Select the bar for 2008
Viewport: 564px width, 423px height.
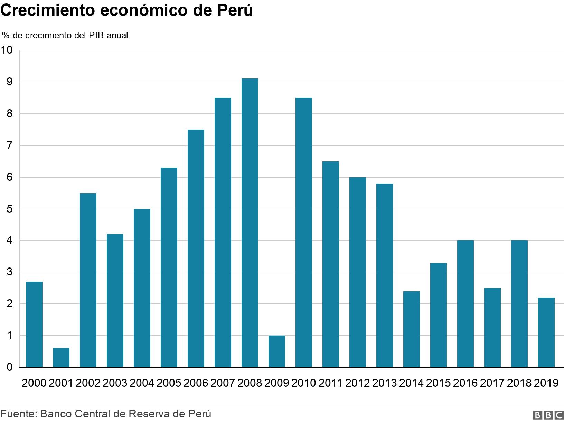point(250,223)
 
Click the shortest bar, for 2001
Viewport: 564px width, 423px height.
point(61,358)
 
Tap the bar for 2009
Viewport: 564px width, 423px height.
point(276,351)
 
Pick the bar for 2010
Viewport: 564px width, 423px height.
point(303,233)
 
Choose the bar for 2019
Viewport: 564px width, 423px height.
point(546,332)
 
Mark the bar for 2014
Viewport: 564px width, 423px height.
point(411,329)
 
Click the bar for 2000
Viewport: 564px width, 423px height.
point(34,325)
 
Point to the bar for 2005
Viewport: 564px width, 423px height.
point(169,267)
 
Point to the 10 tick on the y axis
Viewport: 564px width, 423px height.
point(7,50)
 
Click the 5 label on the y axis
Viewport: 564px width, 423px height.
point(9,209)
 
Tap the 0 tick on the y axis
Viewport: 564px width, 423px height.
point(9,368)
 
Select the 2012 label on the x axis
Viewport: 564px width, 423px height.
point(357,383)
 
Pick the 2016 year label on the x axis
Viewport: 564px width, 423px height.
point(465,383)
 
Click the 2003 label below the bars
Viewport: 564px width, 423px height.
point(115,383)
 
